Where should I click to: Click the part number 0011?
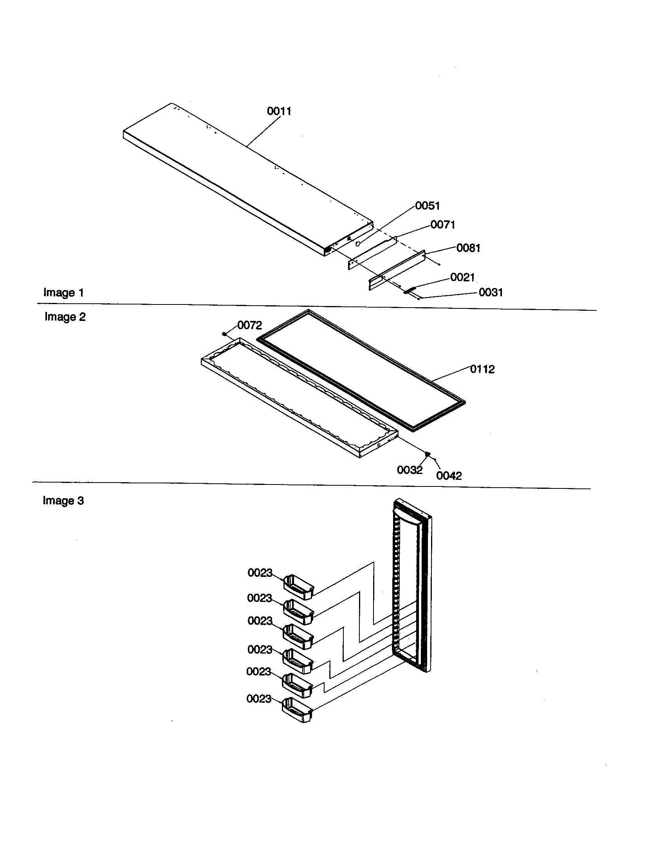click(279, 111)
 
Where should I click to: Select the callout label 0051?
click(428, 205)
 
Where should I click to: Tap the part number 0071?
click(442, 225)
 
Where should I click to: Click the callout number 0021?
click(462, 277)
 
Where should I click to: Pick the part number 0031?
click(491, 292)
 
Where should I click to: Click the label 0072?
click(249, 325)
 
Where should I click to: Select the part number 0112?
click(482, 369)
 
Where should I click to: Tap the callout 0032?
click(409, 470)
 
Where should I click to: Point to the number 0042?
click(449, 476)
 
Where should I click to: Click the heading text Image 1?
click(63, 292)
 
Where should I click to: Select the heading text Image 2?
click(65, 317)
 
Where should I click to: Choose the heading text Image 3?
click(63, 501)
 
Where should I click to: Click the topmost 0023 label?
click(260, 573)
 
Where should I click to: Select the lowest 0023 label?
click(259, 699)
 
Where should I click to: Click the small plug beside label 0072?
click(224, 334)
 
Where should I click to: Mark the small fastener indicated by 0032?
click(427, 454)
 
